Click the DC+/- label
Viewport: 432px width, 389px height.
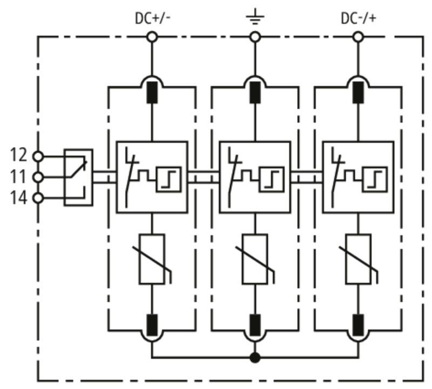pos(153,18)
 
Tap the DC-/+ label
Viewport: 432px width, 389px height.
pos(359,18)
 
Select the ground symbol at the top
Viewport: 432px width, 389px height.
pos(255,17)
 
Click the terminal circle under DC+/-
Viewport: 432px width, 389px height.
pos(152,37)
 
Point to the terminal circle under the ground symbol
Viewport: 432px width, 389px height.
pos(255,37)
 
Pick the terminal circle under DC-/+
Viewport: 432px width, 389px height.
pos(358,37)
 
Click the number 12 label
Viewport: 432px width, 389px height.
pos(19,155)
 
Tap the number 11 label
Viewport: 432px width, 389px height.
pos(18,177)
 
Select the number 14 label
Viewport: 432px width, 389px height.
pos(19,198)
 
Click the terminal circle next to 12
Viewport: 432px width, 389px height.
pos(38,157)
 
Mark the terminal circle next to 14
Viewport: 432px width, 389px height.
pos(38,198)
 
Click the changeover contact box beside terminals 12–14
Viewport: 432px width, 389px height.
pos(78,177)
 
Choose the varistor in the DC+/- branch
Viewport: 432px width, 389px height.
pos(152,259)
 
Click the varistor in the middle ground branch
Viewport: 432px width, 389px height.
pos(255,259)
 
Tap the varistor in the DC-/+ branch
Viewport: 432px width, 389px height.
pos(358,259)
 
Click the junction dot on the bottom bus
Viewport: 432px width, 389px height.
pos(255,358)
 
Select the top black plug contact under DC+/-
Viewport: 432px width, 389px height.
pos(152,92)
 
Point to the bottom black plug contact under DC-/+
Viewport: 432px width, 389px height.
pos(358,325)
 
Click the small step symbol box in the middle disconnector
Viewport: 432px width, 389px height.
pos(272,179)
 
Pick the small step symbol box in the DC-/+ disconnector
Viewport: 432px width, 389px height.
pos(375,179)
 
